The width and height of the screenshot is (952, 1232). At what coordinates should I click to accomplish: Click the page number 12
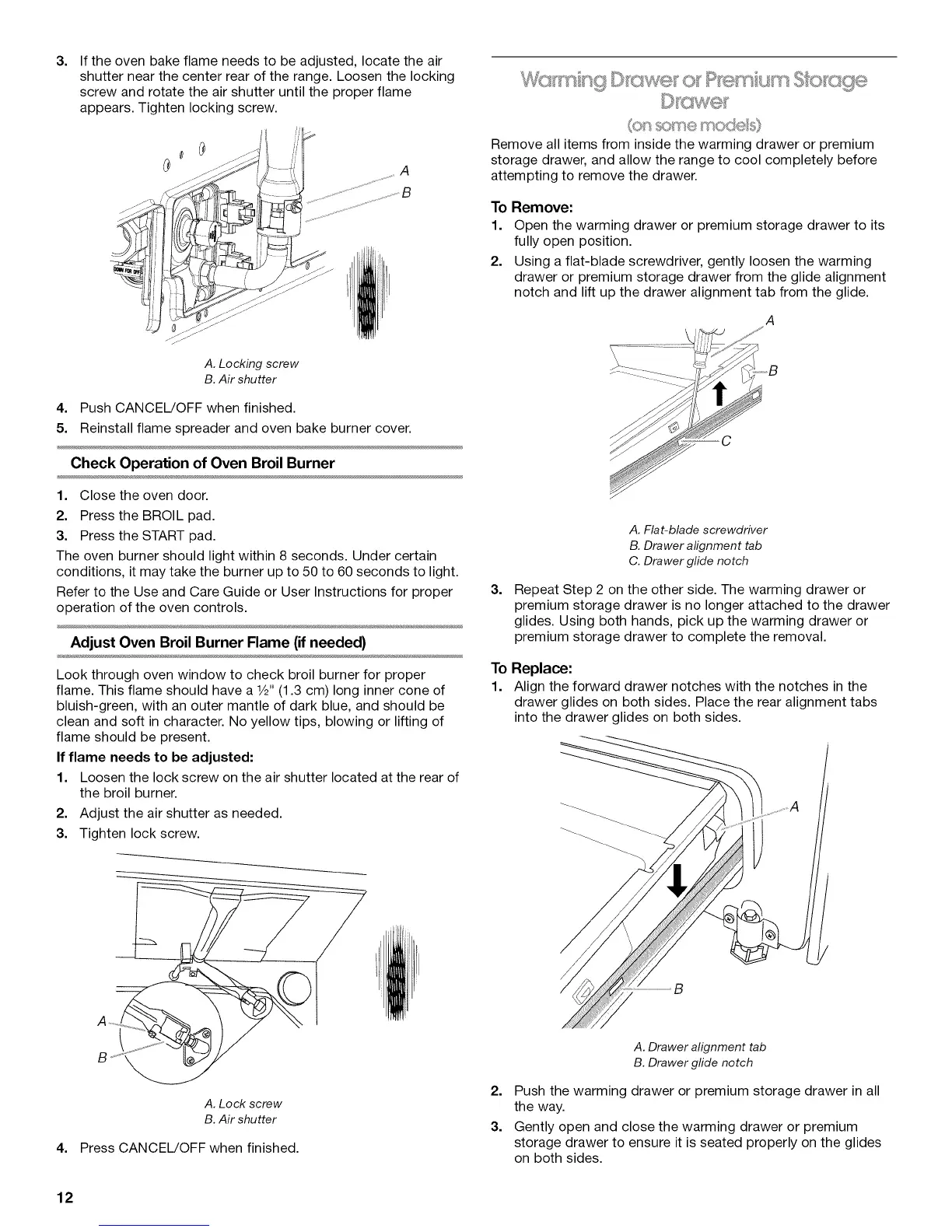65,1197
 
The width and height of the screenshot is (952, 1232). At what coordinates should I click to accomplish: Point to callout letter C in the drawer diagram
726,442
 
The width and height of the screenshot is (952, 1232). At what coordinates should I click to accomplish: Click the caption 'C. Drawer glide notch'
688,561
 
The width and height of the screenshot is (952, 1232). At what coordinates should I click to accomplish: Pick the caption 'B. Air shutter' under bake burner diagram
240,380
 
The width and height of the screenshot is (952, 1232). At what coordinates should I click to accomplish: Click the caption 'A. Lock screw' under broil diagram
243,1104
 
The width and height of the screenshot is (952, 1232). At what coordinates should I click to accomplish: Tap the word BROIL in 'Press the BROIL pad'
165,516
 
